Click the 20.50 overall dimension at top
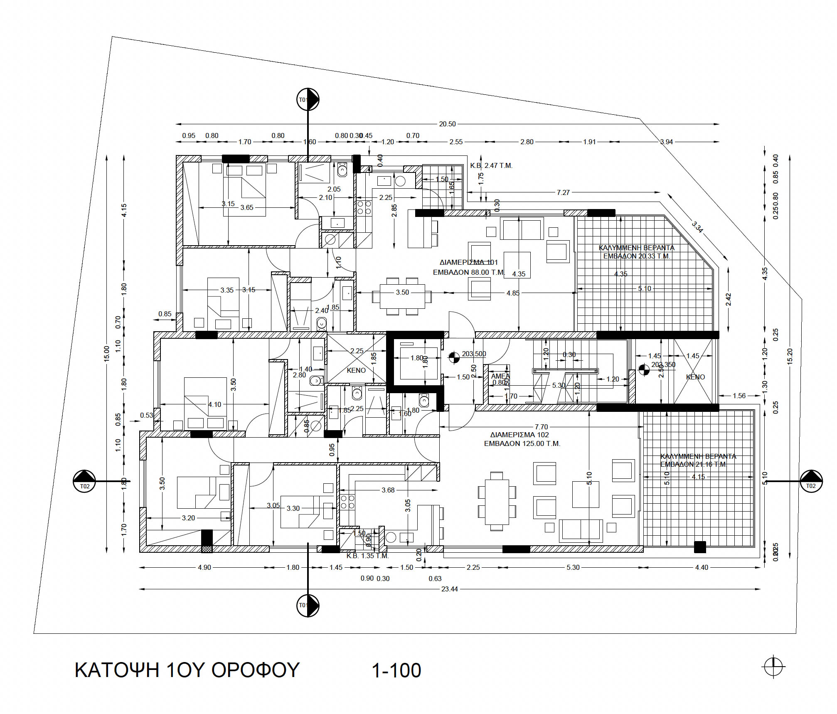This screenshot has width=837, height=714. coord(447,124)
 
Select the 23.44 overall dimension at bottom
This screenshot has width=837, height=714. coord(450,589)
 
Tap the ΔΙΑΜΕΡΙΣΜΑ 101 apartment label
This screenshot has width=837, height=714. coord(468,262)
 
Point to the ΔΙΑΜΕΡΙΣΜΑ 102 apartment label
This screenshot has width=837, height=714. coord(519,435)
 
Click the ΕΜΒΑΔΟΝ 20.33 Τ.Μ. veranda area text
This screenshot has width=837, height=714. coord(636,256)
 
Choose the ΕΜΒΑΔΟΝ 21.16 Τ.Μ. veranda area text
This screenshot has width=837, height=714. coord(693,464)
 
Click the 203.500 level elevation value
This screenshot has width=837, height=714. coord(474,354)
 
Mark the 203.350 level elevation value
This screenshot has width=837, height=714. coord(663,364)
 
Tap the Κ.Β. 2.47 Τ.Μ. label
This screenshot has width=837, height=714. coord(491,165)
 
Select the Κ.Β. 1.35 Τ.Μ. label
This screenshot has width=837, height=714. coord(367,556)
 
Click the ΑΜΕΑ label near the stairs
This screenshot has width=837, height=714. coord(500,376)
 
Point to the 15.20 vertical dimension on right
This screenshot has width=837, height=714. coord(790,356)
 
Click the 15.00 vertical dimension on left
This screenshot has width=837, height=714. coord(106,354)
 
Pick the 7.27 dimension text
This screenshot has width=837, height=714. coord(563,192)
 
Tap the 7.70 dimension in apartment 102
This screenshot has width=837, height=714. coord(541,427)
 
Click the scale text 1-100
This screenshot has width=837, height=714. coord(396,670)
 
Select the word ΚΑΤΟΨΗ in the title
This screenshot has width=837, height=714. coord(117,670)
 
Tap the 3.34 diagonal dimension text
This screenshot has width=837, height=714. coord(697,227)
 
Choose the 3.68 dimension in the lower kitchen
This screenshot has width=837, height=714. coord(388,490)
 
